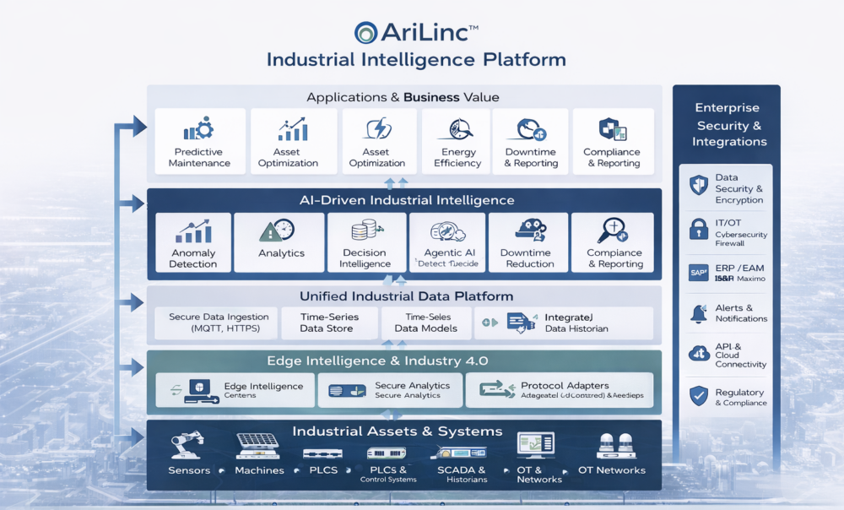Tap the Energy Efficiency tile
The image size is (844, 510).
[x=457, y=142]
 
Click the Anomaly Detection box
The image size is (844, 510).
[x=193, y=242]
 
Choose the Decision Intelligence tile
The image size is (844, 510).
[x=365, y=242]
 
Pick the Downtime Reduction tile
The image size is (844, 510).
[x=527, y=242]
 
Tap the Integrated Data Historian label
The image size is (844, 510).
[x=576, y=323]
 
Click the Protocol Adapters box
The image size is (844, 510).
[x=559, y=390]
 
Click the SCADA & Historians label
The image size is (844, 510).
[x=462, y=475]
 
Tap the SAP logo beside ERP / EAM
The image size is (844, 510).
[x=698, y=273]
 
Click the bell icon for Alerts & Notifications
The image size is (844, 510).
[x=698, y=313]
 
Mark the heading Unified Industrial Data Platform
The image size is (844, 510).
[x=406, y=296]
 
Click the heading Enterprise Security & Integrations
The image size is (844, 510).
[x=727, y=125]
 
